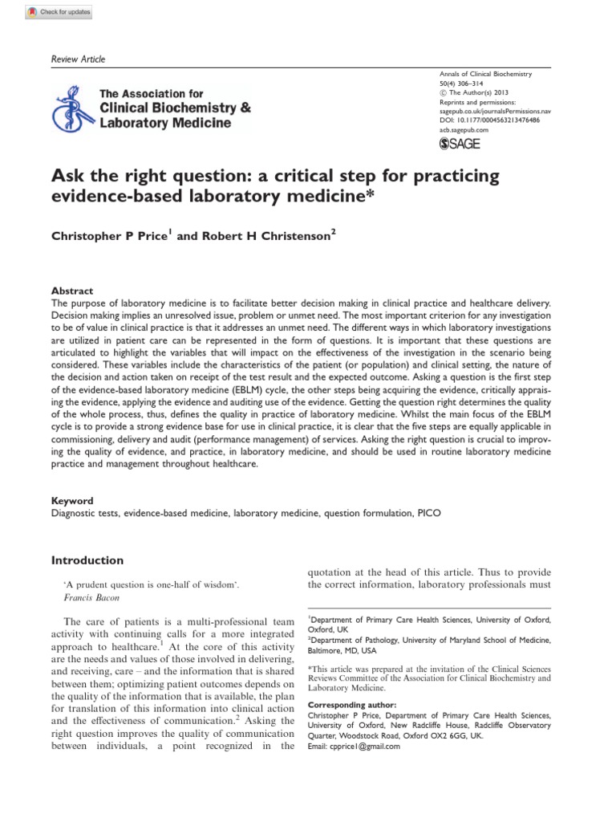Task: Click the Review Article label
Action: point(78,59)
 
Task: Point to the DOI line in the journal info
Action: point(489,119)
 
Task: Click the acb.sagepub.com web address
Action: point(464,128)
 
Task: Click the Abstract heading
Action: point(72,291)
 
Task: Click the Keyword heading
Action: point(72,500)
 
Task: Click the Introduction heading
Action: point(87,560)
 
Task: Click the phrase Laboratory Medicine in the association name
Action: point(165,123)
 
